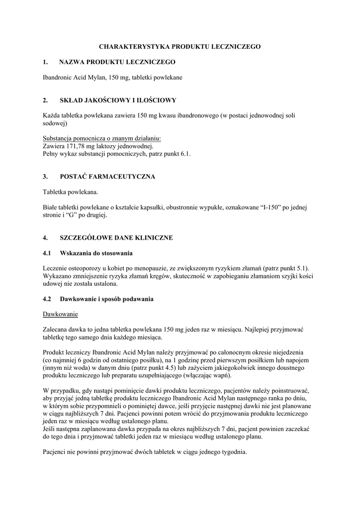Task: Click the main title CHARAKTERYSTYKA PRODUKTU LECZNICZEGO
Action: coord(180,46)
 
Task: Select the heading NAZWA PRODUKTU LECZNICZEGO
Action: coord(117,62)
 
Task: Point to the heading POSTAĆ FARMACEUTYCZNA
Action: coord(107,176)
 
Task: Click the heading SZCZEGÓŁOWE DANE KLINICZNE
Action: coord(116,238)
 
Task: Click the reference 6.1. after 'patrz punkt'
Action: coord(184,154)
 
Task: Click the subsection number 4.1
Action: coord(47,254)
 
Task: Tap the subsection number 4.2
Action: coord(47,299)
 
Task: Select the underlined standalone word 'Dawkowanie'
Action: coord(60,315)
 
